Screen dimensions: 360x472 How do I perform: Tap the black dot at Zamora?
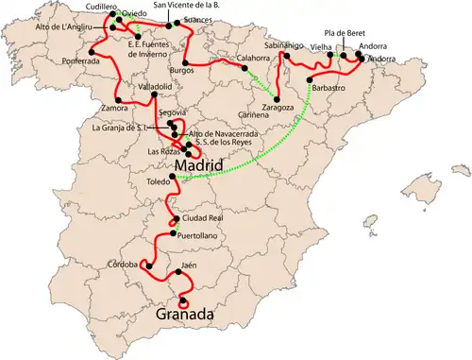point(117,99)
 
